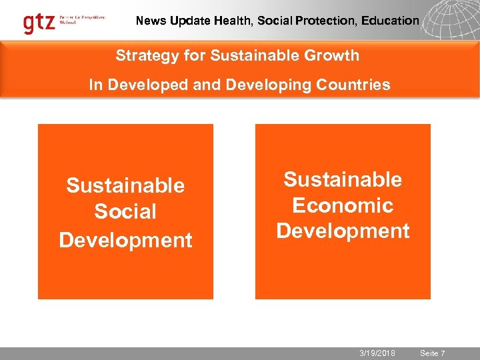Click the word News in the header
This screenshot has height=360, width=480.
151,21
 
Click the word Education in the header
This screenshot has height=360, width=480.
390,21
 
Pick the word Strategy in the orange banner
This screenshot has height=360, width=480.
142,56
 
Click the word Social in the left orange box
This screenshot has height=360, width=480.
125,212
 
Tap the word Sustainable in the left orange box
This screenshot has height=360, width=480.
125,185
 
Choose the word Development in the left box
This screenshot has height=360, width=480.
125,240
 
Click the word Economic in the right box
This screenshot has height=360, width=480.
343,205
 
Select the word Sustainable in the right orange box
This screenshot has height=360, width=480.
343,179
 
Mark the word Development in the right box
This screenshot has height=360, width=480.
343,231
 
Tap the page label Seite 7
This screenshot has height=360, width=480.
433,353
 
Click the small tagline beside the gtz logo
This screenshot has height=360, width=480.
83,19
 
